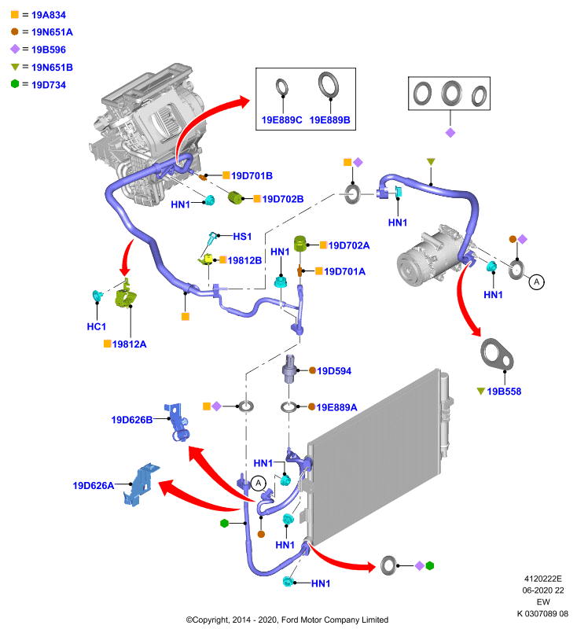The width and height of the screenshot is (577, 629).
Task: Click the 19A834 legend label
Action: pyautogui.click(x=49, y=15)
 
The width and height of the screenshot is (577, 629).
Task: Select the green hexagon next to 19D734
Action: pyautogui.click(x=15, y=84)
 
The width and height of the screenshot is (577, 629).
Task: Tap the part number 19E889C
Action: pyautogui.click(x=281, y=120)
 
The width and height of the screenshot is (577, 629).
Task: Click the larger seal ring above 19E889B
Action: pyautogui.click(x=329, y=85)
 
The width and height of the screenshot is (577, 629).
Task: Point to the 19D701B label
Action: pyautogui.click(x=252, y=175)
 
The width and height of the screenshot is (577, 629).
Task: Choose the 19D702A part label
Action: pyautogui.click(x=349, y=245)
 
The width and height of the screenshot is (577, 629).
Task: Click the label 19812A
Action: pyautogui.click(x=129, y=344)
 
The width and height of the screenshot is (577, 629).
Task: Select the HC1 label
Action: pyautogui.click(x=96, y=326)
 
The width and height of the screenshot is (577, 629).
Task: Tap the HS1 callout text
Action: pyautogui.click(x=242, y=237)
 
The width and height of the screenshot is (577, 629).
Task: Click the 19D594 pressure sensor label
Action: pyautogui.click(x=334, y=371)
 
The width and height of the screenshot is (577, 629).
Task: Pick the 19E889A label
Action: pyautogui.click(x=336, y=407)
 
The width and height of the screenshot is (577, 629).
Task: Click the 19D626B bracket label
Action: pyautogui.click(x=132, y=420)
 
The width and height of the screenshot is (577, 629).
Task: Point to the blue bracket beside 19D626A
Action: pyautogui.click(x=141, y=484)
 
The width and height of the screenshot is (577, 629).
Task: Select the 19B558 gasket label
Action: pyautogui.click(x=504, y=392)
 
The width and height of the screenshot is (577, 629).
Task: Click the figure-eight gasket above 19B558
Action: pyautogui.click(x=496, y=355)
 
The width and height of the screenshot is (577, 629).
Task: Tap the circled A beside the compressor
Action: pyautogui.click(x=536, y=282)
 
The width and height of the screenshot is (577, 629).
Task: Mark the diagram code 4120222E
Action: pyautogui.click(x=543, y=579)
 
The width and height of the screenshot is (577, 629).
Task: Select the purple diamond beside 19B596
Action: pyautogui.click(x=15, y=49)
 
